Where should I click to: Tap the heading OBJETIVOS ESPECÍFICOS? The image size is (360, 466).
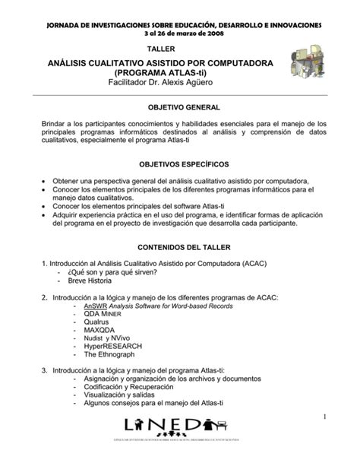click(181, 165)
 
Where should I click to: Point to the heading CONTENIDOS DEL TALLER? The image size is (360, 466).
click(181, 248)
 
